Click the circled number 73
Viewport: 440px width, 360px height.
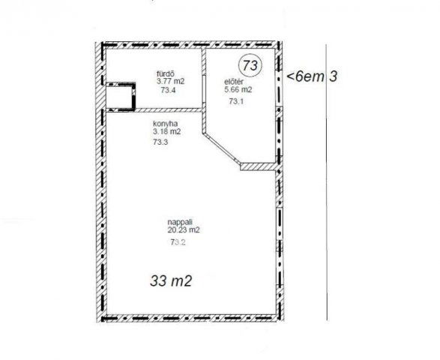[x=250, y=65]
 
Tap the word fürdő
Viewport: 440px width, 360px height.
[x=166, y=73]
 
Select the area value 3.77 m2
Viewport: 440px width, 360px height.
[x=170, y=82]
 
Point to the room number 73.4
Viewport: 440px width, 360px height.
[x=168, y=90]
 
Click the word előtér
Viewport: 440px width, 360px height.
[x=233, y=82]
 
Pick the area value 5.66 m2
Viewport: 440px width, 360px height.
[x=238, y=89]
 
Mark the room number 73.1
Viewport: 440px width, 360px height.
[x=236, y=101]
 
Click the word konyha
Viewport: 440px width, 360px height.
[x=165, y=124]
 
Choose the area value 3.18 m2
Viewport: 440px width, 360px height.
[x=166, y=131]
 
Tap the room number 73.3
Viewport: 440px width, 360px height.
[x=160, y=142]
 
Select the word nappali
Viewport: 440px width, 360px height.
[x=180, y=222]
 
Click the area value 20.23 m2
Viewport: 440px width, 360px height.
[x=184, y=229]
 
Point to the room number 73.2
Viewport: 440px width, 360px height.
[x=178, y=241]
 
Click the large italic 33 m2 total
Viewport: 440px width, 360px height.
[x=171, y=280]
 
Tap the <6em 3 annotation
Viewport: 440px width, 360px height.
[x=312, y=76]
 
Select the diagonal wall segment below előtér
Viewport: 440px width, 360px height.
[x=222, y=148]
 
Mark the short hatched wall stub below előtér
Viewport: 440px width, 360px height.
[x=258, y=166]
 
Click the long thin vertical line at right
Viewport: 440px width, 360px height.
[x=326, y=182]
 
